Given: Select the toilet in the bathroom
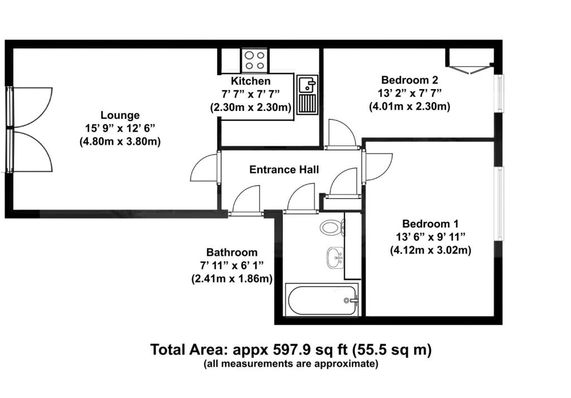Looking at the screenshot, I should (x=332, y=227).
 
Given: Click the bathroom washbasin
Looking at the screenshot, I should (x=333, y=257).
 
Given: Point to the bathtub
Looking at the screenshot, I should (x=321, y=300).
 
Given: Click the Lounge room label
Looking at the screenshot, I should (x=120, y=115).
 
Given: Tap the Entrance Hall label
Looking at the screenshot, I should (x=284, y=169).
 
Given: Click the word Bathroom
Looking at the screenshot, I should (x=232, y=252).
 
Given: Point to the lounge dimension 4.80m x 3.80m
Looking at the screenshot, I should (x=120, y=142).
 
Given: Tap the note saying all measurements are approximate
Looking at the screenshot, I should (x=291, y=364).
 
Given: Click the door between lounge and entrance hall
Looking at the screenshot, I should (x=206, y=167).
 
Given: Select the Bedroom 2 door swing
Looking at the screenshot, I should (x=340, y=134).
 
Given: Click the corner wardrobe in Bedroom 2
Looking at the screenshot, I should (x=468, y=62).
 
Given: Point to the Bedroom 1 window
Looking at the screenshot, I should (x=500, y=203).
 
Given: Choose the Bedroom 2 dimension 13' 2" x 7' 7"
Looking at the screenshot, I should (x=409, y=93).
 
